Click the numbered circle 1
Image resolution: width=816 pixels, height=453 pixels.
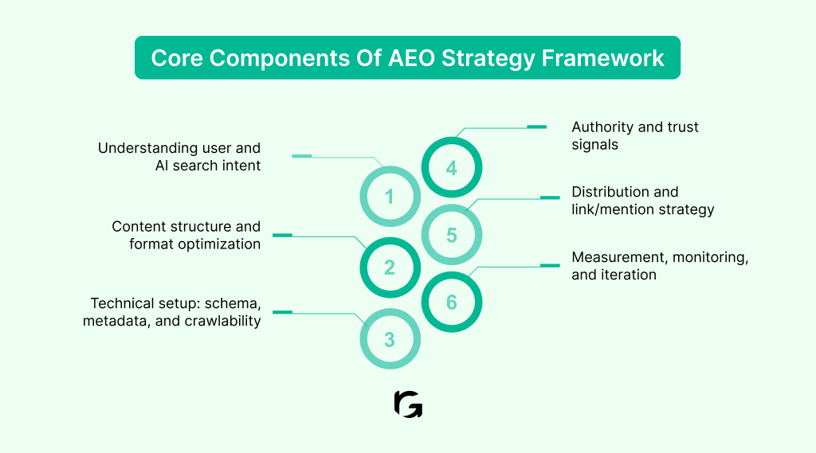tap(389, 196)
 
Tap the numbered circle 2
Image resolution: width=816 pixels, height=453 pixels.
tap(389, 268)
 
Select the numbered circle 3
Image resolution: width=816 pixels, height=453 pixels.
tap(389, 339)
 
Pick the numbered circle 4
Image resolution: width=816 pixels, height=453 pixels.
tap(451, 168)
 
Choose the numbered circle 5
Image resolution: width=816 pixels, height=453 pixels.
tap(451, 236)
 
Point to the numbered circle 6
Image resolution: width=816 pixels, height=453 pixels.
tap(451, 303)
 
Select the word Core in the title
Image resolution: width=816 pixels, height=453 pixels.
tap(176, 58)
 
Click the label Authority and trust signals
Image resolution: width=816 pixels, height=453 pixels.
tap(635, 136)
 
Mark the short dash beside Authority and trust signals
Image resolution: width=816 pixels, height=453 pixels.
tap(537, 127)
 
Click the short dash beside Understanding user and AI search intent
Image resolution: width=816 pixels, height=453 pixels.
tap(301, 156)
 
